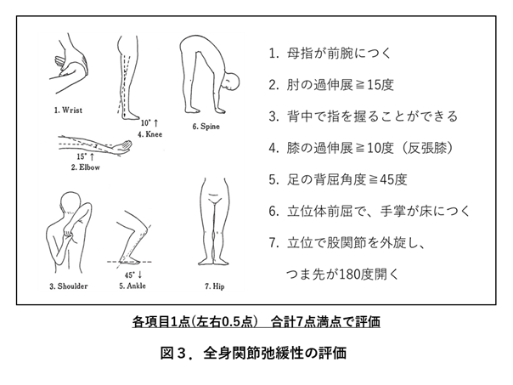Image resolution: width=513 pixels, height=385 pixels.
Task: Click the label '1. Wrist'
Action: pos(68,110)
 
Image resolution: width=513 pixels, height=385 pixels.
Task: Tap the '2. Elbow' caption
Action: pos(86,167)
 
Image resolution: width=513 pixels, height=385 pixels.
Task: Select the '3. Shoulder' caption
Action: pos(69,286)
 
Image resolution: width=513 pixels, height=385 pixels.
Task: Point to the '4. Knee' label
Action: pos(149,134)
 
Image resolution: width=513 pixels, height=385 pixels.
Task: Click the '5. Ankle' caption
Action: pos(132,286)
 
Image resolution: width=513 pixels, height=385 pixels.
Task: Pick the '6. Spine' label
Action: pos(206,127)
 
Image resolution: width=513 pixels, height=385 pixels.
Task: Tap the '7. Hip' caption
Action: pos(215,286)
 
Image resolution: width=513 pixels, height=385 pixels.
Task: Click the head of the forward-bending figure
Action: pos(231,81)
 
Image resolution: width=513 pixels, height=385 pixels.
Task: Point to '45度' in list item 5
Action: pos(393,179)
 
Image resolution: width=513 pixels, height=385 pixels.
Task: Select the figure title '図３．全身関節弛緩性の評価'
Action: pos(253,353)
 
